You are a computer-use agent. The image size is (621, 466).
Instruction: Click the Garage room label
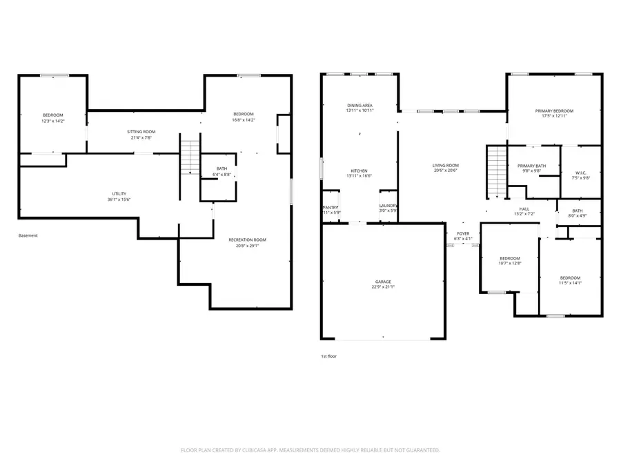pyautogui.click(x=383, y=282)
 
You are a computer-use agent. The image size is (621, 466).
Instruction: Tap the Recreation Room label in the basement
pyautogui.click(x=247, y=240)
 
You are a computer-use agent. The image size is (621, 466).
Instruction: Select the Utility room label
pyautogui.click(x=119, y=193)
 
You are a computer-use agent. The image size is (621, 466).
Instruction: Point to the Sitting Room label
pyautogui.click(x=141, y=131)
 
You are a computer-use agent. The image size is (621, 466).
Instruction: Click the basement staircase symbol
pyautogui.click(x=190, y=157)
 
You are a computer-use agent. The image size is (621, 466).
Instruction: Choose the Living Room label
pyautogui.click(x=446, y=166)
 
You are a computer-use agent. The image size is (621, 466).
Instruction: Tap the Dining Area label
pyautogui.click(x=360, y=105)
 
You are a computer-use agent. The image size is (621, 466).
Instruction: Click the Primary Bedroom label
pyautogui.click(x=554, y=110)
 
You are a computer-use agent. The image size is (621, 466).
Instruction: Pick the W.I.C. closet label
pyautogui.click(x=580, y=173)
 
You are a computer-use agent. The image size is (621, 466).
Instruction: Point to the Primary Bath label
pyautogui.click(x=532, y=166)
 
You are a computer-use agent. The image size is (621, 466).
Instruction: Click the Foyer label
pyautogui.click(x=462, y=233)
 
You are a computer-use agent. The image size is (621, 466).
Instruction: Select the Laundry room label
pyautogui.click(x=388, y=205)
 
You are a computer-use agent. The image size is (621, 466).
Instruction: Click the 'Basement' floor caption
pyautogui.click(x=28, y=235)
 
